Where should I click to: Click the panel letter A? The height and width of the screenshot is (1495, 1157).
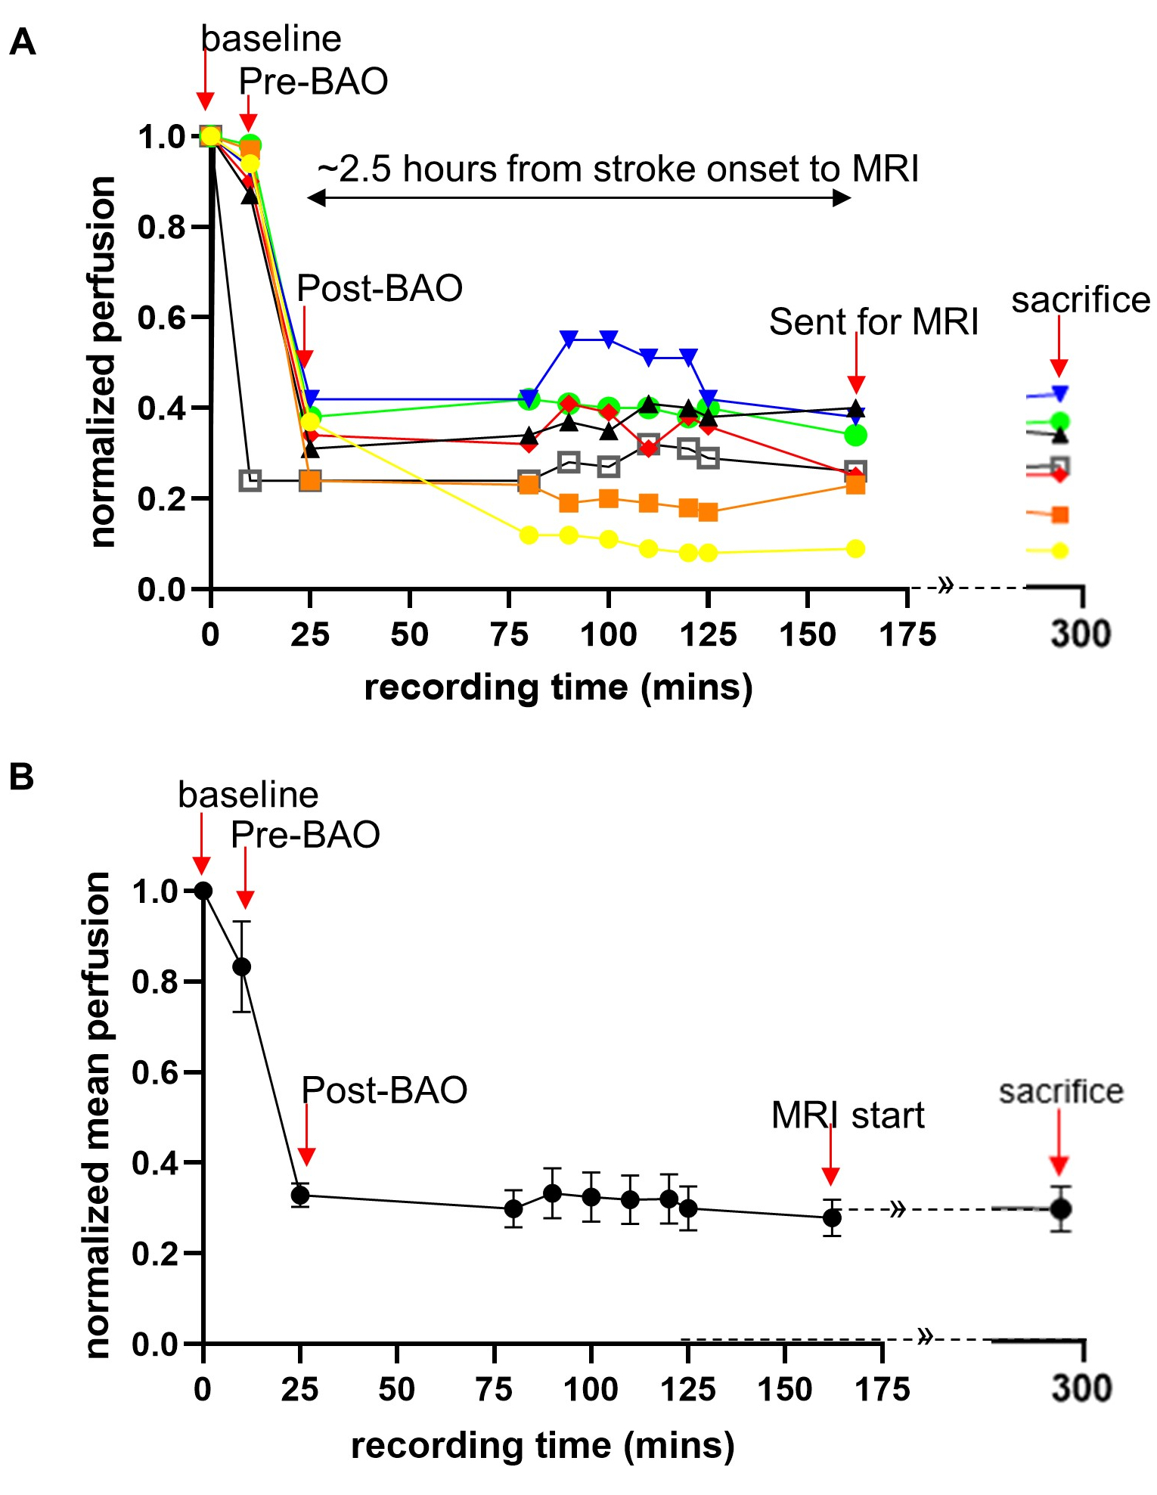pos(23,42)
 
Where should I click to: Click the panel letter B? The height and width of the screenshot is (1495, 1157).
pos(22,777)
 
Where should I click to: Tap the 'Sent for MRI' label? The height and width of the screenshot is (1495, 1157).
pos(873,322)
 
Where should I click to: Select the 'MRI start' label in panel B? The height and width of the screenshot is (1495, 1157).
pos(848,1115)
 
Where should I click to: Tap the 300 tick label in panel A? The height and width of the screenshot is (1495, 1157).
pos(1081,634)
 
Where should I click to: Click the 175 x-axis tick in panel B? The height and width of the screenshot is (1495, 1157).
pos(882,1389)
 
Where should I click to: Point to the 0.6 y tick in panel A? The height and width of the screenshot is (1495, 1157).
pos(161,318)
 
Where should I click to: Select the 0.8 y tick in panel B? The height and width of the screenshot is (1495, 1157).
pos(155,982)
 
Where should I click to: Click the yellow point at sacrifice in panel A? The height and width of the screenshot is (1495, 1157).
pos(1060,551)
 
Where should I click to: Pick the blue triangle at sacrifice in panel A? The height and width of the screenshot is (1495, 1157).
pos(1060,393)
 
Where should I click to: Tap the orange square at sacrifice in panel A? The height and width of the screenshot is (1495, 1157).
pos(1060,515)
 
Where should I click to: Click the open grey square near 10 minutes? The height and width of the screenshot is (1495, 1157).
pos(250,480)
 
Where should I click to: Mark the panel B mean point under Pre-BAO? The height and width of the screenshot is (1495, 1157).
pos(242,966)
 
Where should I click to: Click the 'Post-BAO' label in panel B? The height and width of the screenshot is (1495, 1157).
pos(384,1090)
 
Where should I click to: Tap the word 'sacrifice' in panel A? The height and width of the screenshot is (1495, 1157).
pos(1081,300)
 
